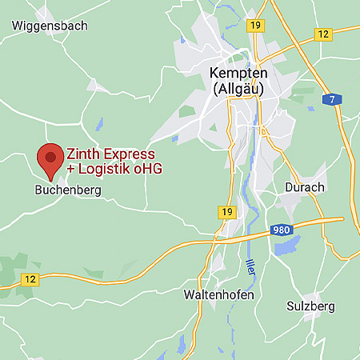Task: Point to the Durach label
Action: point(305,187)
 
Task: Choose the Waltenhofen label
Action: point(218,295)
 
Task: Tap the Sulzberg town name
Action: point(310,306)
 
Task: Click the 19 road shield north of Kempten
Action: point(255,26)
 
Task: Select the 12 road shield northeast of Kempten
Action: point(323,34)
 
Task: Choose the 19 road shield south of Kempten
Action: point(228,212)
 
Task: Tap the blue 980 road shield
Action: point(281,230)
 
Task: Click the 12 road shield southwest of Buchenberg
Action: point(30,278)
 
